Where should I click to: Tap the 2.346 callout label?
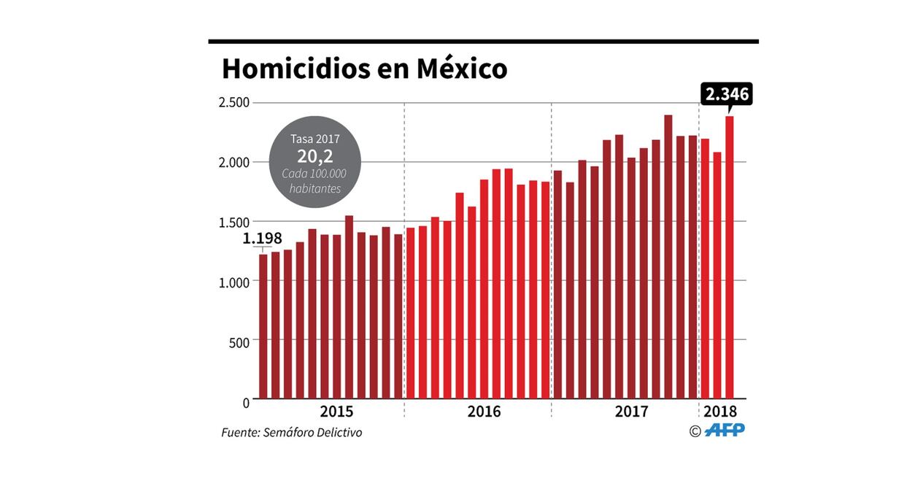[x=726, y=94]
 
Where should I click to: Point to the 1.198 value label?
[x=262, y=239]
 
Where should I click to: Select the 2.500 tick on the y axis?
[x=234, y=102]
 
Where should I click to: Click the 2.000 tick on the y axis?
[x=234, y=162]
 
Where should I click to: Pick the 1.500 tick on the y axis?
[x=234, y=222]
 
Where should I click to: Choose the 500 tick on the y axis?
[x=239, y=341]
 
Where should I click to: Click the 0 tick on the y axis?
[x=245, y=401]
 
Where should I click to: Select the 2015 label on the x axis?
[x=336, y=412]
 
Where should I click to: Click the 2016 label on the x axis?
[x=484, y=412]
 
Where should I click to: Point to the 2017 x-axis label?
[x=631, y=412]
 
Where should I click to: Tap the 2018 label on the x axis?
[x=720, y=412]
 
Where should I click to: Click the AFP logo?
[x=725, y=431]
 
